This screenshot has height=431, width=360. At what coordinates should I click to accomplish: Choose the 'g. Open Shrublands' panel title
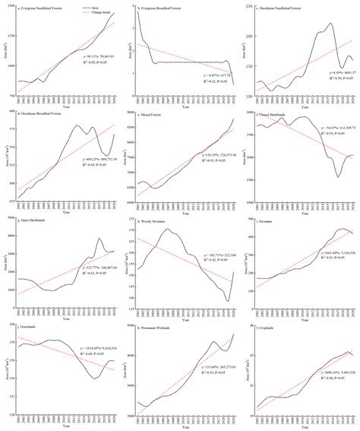(x=33, y=218)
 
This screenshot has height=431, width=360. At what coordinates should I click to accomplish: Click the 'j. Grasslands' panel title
(x=28, y=323)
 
